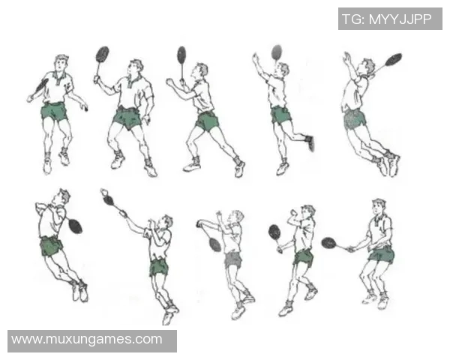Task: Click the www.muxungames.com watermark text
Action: [87, 339]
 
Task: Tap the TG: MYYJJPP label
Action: [386, 19]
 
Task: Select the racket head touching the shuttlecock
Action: [109, 200]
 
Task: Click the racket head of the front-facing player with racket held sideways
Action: [329, 243]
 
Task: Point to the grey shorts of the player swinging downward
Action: [233, 259]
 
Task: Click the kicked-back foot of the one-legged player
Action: [310, 142]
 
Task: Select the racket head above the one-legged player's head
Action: [277, 52]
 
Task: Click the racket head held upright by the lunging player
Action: [181, 55]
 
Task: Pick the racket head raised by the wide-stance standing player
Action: [103, 54]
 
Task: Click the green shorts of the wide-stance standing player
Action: [127, 118]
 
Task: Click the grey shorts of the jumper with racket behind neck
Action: [355, 118]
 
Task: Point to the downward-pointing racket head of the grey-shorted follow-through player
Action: [214, 244]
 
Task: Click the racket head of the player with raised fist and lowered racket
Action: [274, 232]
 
